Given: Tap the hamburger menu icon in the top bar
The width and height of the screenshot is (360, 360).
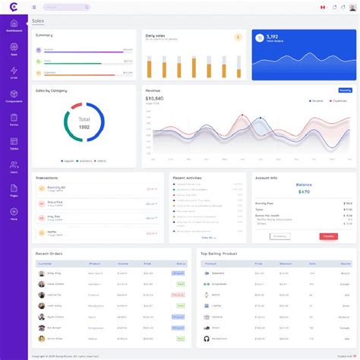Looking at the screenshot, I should tap(34, 8).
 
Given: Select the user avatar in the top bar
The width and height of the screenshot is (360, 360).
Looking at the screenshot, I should tap(349, 8).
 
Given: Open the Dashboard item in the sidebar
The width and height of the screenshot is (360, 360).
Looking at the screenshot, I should tap(14, 27).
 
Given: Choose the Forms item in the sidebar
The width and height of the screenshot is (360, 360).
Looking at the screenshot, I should tap(14, 121).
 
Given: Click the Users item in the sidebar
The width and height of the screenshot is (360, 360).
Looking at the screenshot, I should tap(14, 168).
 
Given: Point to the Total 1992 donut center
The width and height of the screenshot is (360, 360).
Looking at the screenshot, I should tap(84, 123).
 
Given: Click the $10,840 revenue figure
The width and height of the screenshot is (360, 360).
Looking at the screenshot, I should tap(154, 99).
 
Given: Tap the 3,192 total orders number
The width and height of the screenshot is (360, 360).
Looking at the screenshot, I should tap(272, 36).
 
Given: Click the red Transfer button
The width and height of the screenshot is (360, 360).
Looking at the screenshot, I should tap(329, 236).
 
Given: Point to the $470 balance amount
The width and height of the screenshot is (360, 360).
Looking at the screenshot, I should tap(304, 191).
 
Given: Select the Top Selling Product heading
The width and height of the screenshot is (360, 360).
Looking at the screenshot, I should tap(219, 254).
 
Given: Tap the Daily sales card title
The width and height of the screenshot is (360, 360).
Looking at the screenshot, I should tap(156, 36).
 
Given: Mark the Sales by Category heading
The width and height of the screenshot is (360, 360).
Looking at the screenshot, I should tap(52, 90).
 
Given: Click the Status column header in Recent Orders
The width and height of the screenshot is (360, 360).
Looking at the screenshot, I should tap(180, 264).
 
